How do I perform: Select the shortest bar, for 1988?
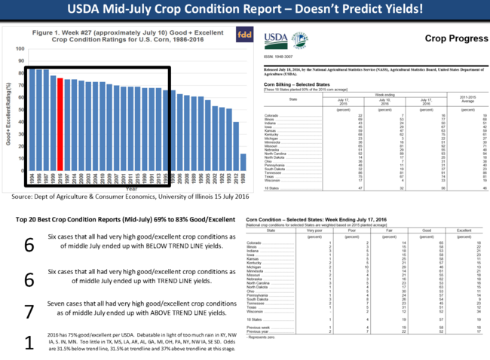click(x=243, y=168)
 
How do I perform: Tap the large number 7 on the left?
click(x=29, y=310)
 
